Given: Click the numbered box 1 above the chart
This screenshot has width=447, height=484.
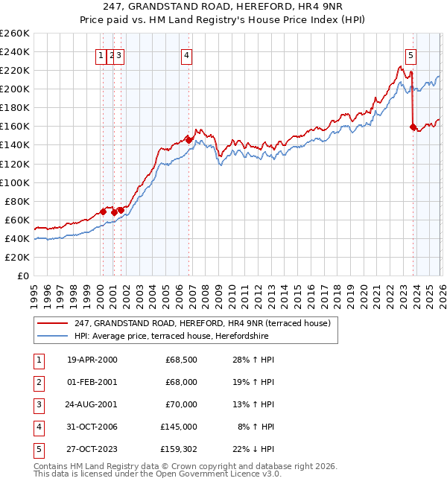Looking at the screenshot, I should (101, 54).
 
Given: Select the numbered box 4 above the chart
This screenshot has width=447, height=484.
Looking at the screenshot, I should (186, 54).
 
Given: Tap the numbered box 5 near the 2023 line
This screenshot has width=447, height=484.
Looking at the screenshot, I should (410, 54).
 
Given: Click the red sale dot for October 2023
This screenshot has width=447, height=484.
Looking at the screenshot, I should (413, 127).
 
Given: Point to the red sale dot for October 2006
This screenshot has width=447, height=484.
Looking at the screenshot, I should (189, 139).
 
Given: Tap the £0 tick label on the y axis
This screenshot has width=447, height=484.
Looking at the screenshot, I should (23, 276).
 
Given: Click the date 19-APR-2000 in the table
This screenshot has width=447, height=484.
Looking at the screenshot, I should (92, 360).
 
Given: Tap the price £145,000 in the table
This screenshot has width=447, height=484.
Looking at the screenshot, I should (179, 427).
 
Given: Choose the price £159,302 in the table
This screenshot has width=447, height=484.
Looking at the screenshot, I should (179, 449).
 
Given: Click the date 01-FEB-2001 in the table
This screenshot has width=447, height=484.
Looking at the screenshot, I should (92, 382).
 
